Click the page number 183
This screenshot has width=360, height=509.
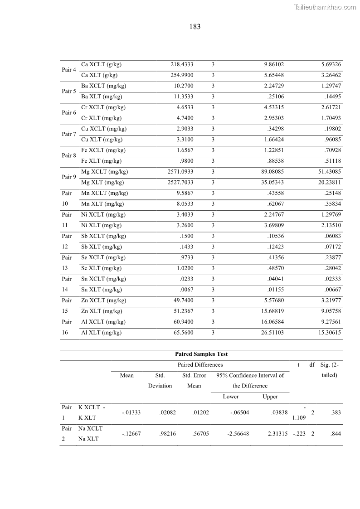195,27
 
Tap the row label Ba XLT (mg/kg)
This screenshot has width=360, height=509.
101,97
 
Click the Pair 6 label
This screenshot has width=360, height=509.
69,112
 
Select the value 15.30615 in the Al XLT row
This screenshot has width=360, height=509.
331,333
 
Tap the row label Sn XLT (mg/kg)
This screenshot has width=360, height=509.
101,290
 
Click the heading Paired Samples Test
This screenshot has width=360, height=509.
201,354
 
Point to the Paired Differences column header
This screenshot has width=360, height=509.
200,364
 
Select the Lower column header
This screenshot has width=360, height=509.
231,397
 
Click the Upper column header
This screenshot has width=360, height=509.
270,397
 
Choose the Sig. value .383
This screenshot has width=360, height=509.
336,412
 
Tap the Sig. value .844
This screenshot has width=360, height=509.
336,434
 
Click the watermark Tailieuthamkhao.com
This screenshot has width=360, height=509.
325,7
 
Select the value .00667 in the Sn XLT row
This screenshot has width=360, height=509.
333,290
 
